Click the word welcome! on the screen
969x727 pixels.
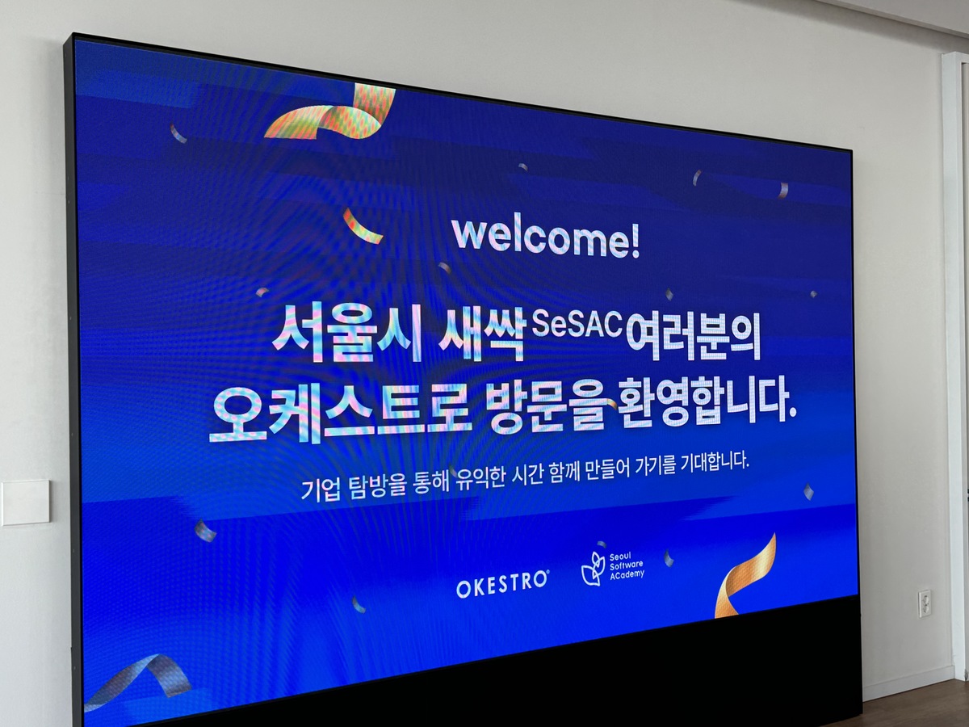[546, 240]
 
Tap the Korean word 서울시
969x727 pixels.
[347, 334]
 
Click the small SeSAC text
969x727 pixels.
[577, 324]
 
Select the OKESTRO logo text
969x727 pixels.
[502, 584]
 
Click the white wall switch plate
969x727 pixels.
[26, 503]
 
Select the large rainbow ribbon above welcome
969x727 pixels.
[330, 113]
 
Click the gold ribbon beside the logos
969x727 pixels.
[745, 577]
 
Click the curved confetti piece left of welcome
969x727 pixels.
[362, 225]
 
